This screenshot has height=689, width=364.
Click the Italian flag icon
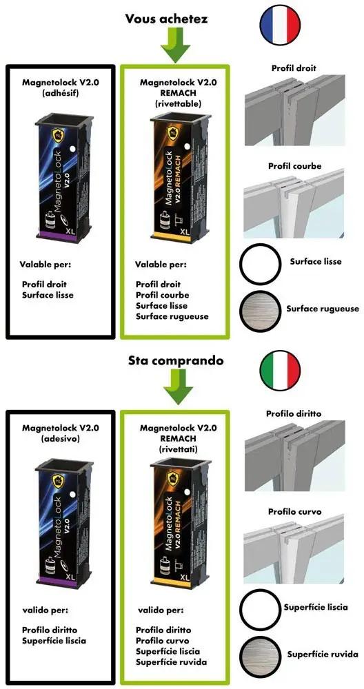pyautogui.click(x=281, y=369)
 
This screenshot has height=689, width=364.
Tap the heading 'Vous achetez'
pyautogui.click(x=166, y=19)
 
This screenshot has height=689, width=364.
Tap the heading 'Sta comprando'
pyautogui.click(x=176, y=361)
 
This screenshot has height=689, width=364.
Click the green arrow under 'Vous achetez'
pyautogui.click(x=175, y=46)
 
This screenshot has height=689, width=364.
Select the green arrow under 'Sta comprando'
pyautogui.click(x=178, y=389)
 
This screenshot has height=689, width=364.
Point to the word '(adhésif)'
pyautogui.click(x=61, y=93)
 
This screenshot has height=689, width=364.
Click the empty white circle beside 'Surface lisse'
pyautogui.click(x=260, y=264)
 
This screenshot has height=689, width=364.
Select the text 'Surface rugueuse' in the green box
pyautogui.click(x=172, y=316)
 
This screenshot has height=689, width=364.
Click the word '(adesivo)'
pyautogui.click(x=61, y=438)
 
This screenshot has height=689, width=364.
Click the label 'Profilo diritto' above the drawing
pyautogui.click(x=294, y=413)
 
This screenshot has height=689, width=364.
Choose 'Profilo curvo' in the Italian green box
pyautogui.click(x=162, y=640)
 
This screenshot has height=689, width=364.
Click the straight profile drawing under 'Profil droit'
pyautogui.click(x=294, y=110)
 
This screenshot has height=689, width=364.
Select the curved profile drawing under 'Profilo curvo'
pyautogui.click(x=294, y=548)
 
